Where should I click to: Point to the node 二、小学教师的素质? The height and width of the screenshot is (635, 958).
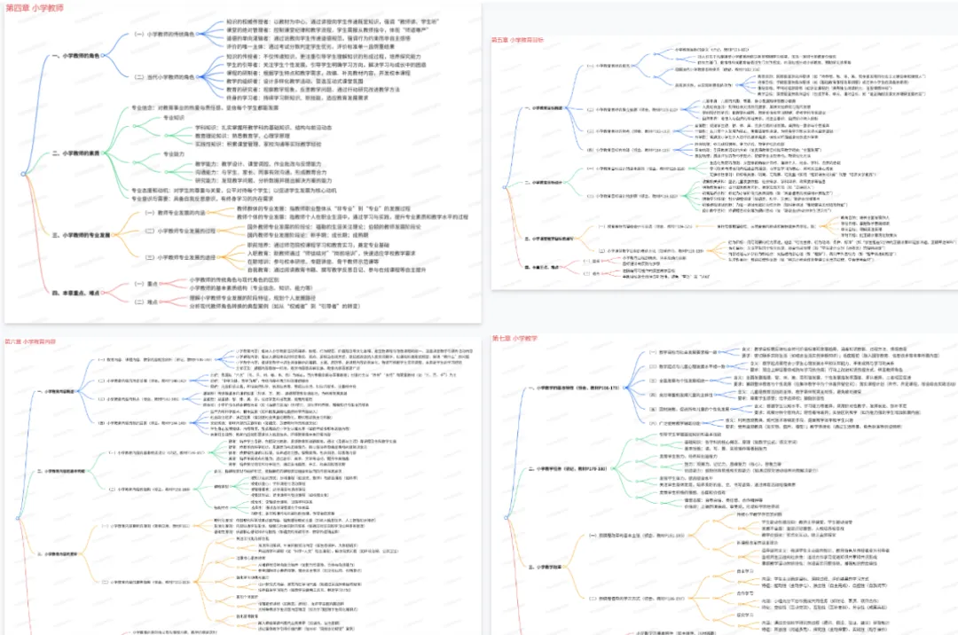[82, 153]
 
